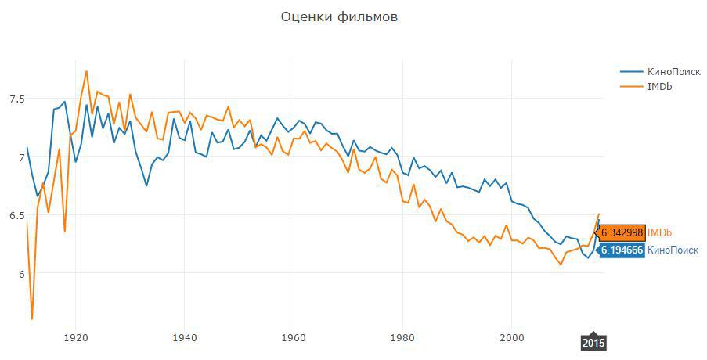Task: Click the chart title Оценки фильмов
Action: [339, 16]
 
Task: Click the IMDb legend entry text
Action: [659, 86]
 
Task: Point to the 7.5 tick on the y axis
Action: [17, 99]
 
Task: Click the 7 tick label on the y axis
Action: [21, 157]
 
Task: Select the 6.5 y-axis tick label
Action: [17, 215]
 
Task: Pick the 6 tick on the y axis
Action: [21, 273]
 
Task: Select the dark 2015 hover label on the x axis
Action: [593, 343]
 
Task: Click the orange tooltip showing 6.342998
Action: [622, 232]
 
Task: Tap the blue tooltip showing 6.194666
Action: [622, 250]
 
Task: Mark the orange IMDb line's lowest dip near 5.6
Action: [32, 319]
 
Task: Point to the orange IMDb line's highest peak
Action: [86, 71]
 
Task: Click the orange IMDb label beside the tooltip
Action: [660, 232]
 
